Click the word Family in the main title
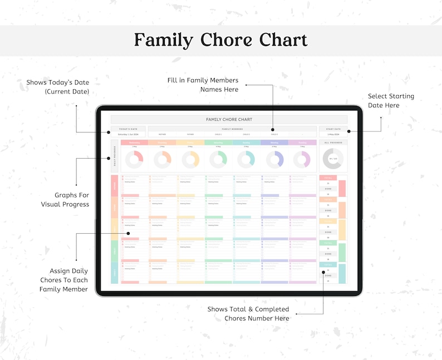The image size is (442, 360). (x=165, y=40)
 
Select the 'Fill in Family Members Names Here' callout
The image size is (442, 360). (x=203, y=85)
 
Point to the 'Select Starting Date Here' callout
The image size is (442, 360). (x=391, y=101)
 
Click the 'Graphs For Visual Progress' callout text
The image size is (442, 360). (x=65, y=200)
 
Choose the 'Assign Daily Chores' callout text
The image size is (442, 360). (x=63, y=280)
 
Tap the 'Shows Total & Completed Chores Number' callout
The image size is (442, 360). (x=248, y=313)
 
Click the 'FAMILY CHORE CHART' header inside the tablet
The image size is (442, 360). (x=229, y=120)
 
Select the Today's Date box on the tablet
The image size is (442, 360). (x=128, y=132)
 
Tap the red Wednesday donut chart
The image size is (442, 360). (x=134, y=160)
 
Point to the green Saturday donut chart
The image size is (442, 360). (x=218, y=160)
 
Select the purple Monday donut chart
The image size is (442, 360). (x=274, y=160)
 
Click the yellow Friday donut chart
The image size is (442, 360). (x=190, y=160)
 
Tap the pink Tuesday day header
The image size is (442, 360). (x=302, y=142)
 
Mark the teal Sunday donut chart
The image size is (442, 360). (x=246, y=160)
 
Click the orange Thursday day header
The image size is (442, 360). (x=162, y=142)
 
